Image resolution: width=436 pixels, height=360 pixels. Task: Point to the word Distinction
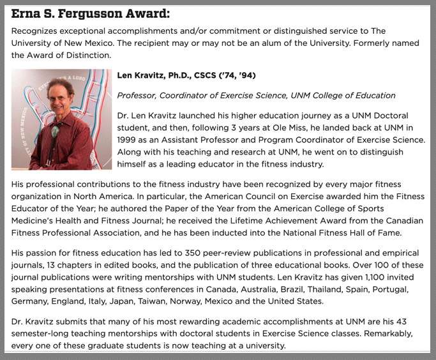point(91,55)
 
